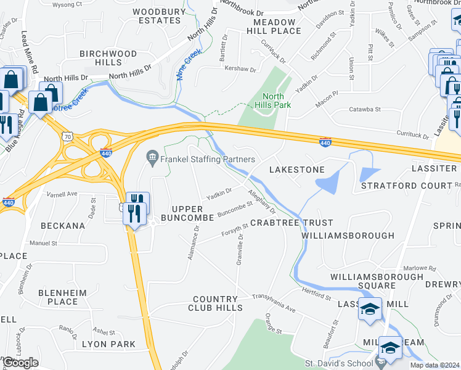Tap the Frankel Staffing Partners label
[x=208, y=160]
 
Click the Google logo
[x=20, y=363]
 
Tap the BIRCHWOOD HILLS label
[x=108, y=59]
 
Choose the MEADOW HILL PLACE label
[x=271, y=26]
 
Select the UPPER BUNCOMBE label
[x=187, y=213]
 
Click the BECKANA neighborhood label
[x=63, y=226]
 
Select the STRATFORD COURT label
[x=407, y=186]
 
